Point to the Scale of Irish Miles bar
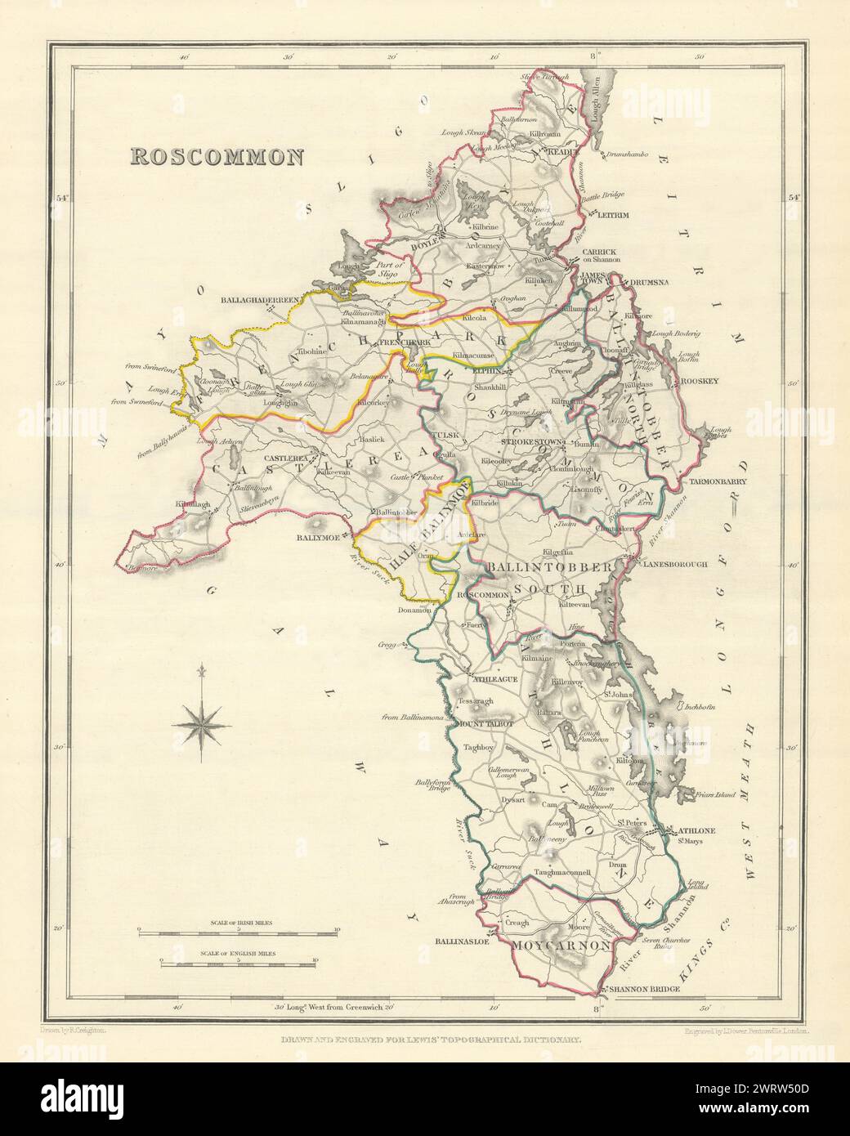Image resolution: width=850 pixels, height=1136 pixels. click(237, 931)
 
